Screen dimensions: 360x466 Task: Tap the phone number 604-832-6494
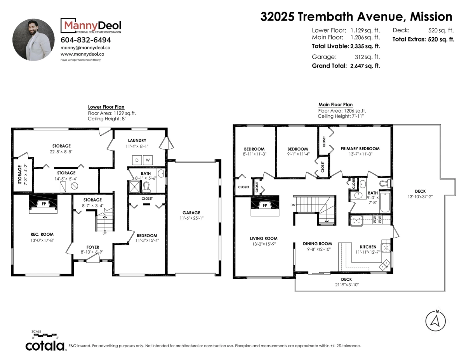click(x=85, y=40)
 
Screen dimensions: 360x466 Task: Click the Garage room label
click(x=191, y=213)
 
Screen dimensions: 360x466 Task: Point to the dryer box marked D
click(x=137, y=160)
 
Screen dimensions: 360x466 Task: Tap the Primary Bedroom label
click(x=360, y=149)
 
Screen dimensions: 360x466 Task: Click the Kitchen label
click(x=368, y=247)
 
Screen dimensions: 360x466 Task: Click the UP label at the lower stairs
click(x=104, y=233)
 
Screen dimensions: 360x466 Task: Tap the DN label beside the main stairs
click(x=292, y=205)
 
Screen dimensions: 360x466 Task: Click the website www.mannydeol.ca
click(x=82, y=54)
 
